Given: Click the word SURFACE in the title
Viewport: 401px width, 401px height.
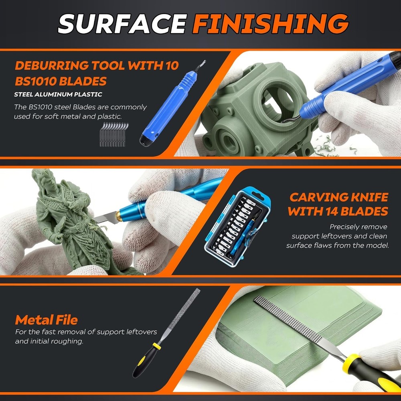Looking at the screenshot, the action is pos(123,24).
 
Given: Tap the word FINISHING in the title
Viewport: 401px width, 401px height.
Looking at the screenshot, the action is pos(270,24).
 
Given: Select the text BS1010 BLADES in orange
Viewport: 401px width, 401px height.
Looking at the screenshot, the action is pos(61,81).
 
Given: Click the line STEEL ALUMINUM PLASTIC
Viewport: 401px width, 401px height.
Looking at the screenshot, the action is pos(58,94).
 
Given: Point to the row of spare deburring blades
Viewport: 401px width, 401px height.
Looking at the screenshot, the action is pos(114,135).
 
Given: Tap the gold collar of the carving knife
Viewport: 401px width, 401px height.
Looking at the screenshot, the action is pos(118,217).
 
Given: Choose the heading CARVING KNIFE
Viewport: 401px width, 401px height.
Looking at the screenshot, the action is pos(339,197).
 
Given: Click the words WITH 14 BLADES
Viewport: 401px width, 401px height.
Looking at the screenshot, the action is pos(338,211).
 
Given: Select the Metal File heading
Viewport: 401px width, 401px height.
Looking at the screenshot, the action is pos(46,320).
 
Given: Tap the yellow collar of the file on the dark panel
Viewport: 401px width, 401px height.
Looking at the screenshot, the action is pos(156,346).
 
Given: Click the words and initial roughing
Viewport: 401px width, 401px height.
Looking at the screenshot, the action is pos(49,341).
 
